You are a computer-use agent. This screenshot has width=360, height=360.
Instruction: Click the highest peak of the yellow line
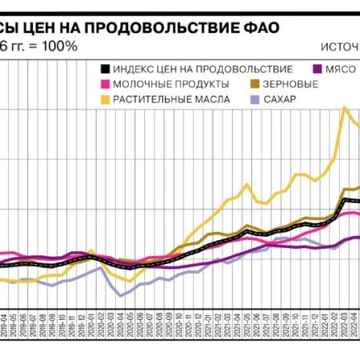(x=345, y=107)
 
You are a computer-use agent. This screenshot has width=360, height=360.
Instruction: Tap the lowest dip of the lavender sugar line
(x=122, y=296)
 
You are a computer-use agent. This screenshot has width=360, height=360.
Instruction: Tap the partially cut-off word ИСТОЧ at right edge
(x=343, y=46)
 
